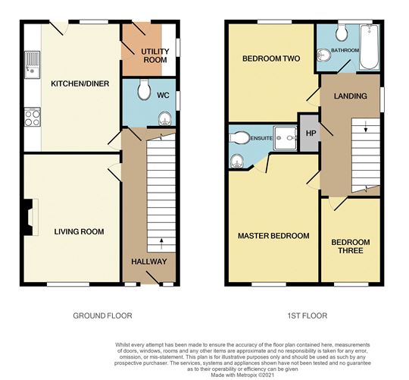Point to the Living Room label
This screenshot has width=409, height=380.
coord(78,231)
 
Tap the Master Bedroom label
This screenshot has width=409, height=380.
coord(273,236)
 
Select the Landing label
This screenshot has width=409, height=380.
coord(350,96)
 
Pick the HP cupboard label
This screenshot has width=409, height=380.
coord(310,133)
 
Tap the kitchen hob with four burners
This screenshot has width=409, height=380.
coord(33,118)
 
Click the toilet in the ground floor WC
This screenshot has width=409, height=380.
coord(146,90)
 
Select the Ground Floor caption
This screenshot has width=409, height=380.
coord(102,316)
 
